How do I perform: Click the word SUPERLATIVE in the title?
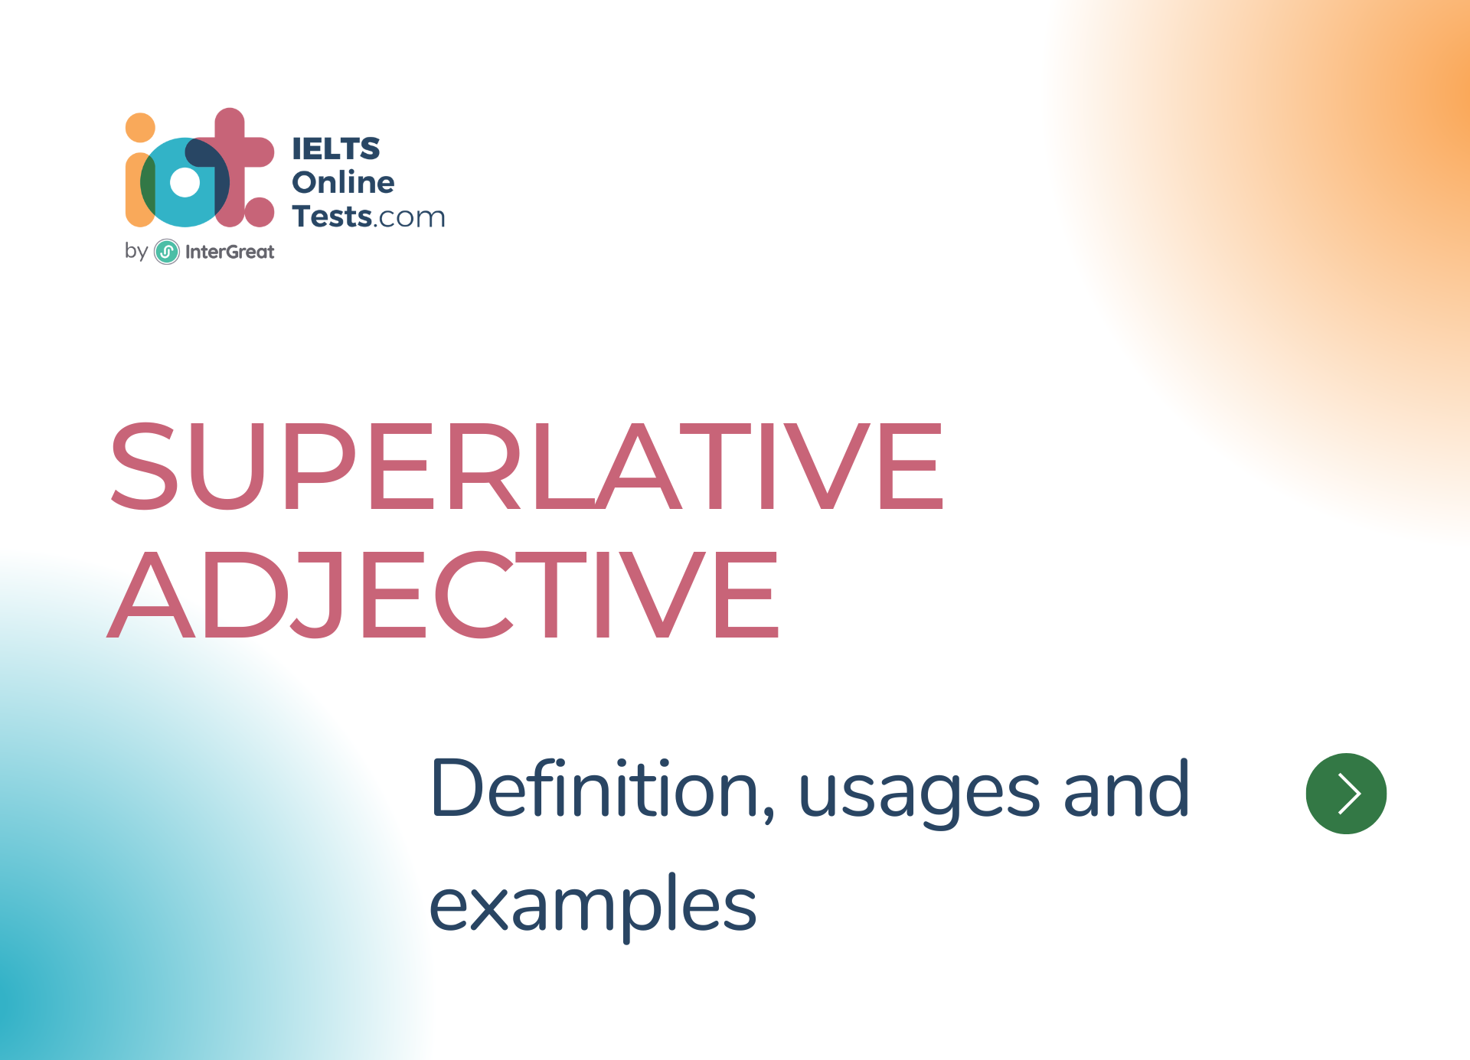(x=527, y=465)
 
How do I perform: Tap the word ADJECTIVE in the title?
(x=443, y=595)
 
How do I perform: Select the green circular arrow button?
(x=1346, y=794)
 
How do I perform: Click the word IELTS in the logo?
(x=336, y=148)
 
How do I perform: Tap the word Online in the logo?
(x=343, y=182)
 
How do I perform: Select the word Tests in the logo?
(x=332, y=217)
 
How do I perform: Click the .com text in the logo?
(x=409, y=219)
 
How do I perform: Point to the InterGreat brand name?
(x=230, y=252)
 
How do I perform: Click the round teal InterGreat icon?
(x=167, y=252)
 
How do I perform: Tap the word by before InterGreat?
(x=136, y=251)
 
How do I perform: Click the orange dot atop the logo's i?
(x=140, y=128)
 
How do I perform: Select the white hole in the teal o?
(x=185, y=182)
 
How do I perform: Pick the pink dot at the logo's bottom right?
(x=260, y=212)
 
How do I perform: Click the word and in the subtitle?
(x=1126, y=791)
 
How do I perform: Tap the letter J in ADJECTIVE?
(x=315, y=595)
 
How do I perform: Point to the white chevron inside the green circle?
(x=1349, y=793)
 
